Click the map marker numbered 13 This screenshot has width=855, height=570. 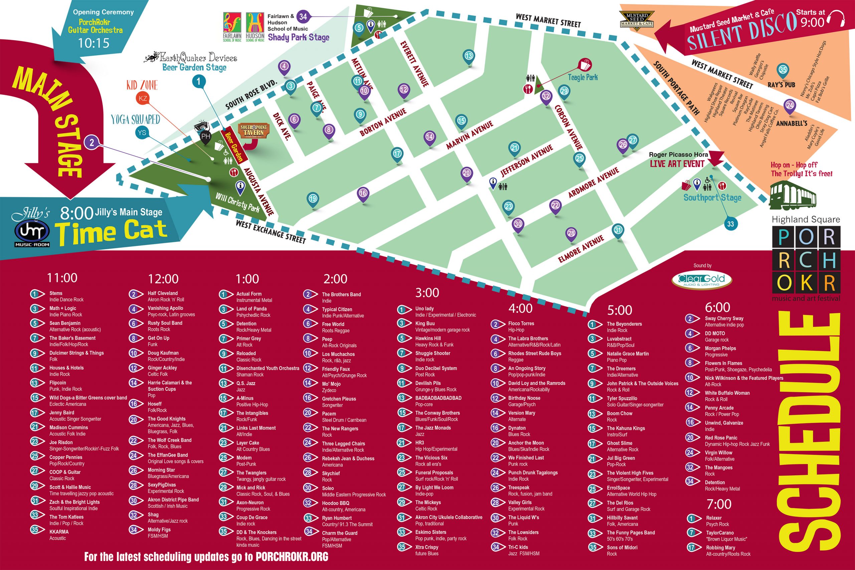click(x=469, y=56)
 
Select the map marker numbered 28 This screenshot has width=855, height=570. click(x=571, y=233)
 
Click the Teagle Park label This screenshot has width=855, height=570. click(x=583, y=77)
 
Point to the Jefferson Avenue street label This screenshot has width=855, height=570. click(x=526, y=160)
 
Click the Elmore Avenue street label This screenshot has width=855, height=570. click(x=580, y=249)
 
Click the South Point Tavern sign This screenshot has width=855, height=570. click(x=253, y=130)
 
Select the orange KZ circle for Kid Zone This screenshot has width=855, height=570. click(x=143, y=98)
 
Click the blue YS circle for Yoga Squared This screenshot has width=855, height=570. click(x=142, y=133)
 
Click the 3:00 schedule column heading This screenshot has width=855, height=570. click(x=427, y=292)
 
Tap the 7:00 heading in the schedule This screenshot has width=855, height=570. click(x=719, y=504)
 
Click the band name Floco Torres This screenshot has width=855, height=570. click(x=521, y=323)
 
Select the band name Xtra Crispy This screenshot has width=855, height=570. click(x=427, y=547)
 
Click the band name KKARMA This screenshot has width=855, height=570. click(x=59, y=532)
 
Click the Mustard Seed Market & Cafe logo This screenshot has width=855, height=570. click(x=637, y=20)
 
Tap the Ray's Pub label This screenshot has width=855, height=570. click(x=781, y=85)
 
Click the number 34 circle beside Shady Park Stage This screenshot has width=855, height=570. click(x=303, y=16)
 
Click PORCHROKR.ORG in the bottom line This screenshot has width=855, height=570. click(x=292, y=557)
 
